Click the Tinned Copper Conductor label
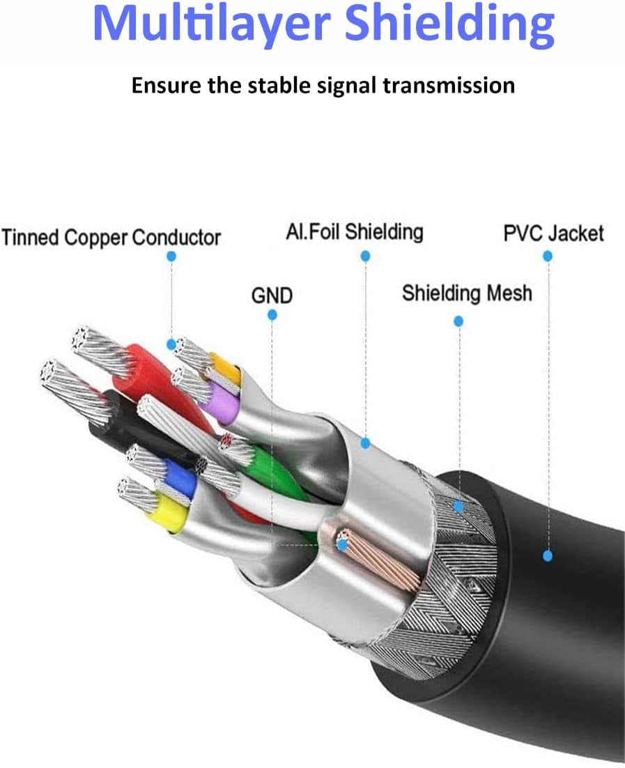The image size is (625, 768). pos(111,238)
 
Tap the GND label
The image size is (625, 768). pos(272,296)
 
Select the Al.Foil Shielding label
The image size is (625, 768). pos(355,231)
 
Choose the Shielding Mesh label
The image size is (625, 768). pos(467,293)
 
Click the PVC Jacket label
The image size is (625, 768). pos(553,233)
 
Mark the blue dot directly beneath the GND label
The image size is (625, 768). pos(272,315)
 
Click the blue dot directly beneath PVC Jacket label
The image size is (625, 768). pos(548,256)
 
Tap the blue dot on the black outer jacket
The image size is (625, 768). pos(548,555)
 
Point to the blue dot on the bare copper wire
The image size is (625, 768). pos(341,546)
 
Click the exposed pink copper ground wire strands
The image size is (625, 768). pos(376,558)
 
